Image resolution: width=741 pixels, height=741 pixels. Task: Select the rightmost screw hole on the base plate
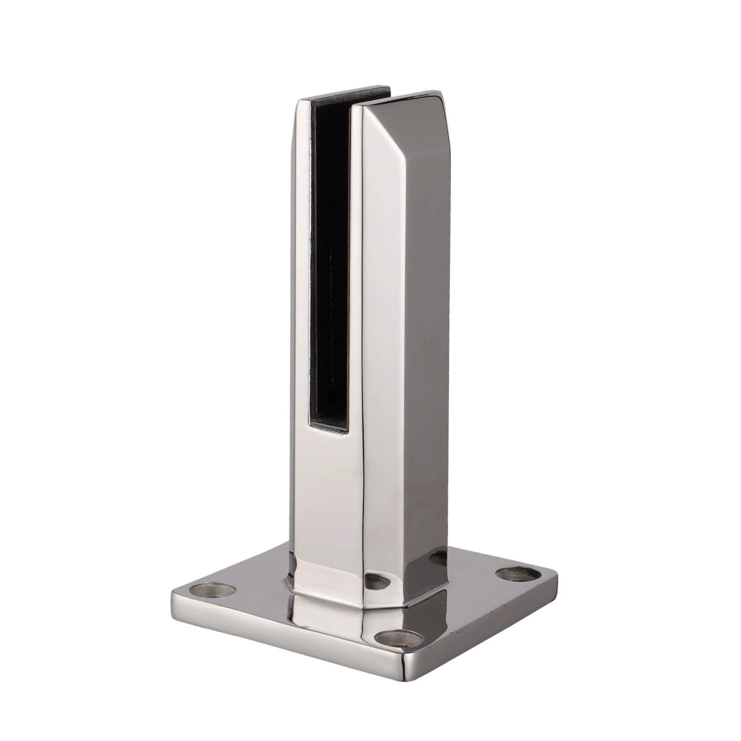pyautogui.click(x=519, y=574)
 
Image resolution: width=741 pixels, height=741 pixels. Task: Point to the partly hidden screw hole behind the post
pyautogui.click(x=439, y=558)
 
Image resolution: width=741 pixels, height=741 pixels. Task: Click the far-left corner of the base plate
pyautogui.click(x=173, y=593)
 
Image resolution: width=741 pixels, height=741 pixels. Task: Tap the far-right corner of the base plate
pyautogui.click(x=556, y=573)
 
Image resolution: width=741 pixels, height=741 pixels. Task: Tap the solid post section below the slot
pyautogui.click(x=326, y=494)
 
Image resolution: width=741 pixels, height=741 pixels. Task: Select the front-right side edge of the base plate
pyautogui.click(x=489, y=622)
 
